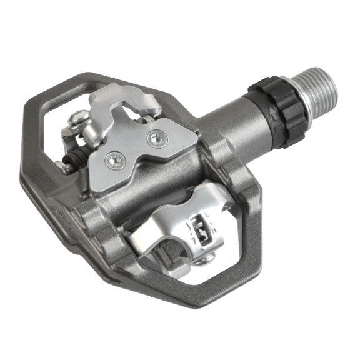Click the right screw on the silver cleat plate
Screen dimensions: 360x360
[x=153, y=136]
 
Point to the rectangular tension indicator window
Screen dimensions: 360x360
[x=201, y=223]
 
